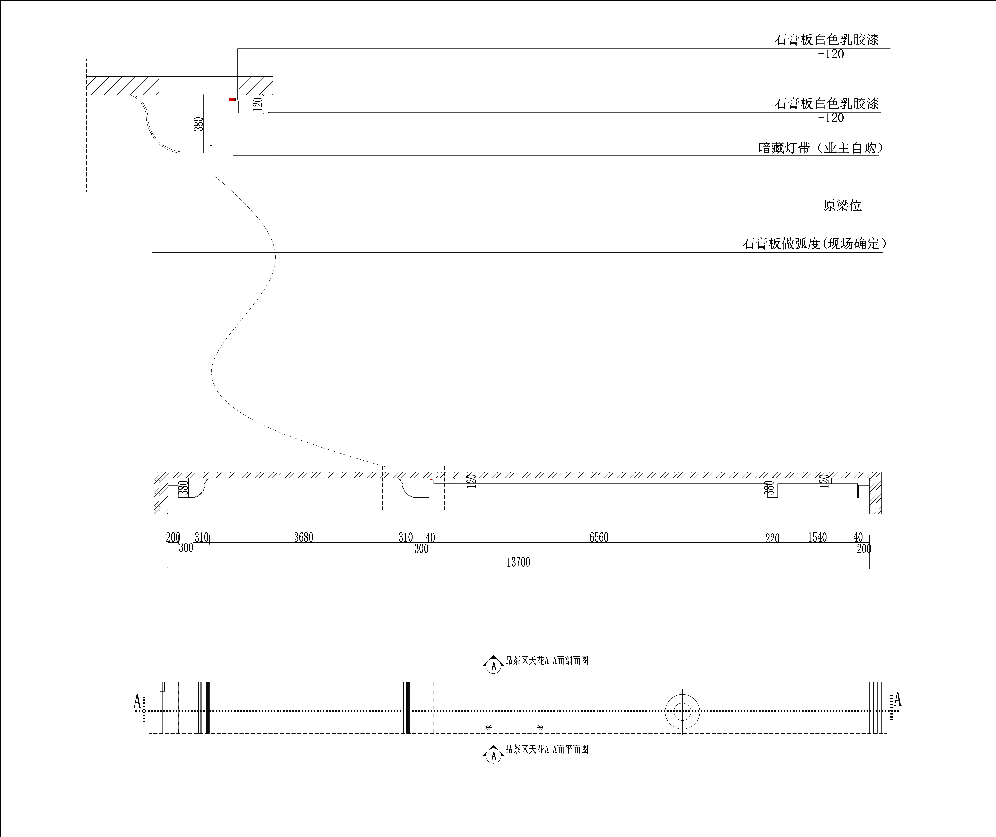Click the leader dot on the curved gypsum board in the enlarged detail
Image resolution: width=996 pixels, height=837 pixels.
coord(152,134)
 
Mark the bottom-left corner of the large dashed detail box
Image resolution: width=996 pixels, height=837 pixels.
coord(86,192)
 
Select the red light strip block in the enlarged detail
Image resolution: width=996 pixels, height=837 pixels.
coord(232,99)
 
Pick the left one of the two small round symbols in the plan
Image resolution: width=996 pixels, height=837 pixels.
coord(489,727)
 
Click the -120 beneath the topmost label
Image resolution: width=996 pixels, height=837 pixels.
coord(831,54)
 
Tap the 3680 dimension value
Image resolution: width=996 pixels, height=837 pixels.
coord(304,537)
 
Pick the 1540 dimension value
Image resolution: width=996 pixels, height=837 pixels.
coord(817,537)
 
